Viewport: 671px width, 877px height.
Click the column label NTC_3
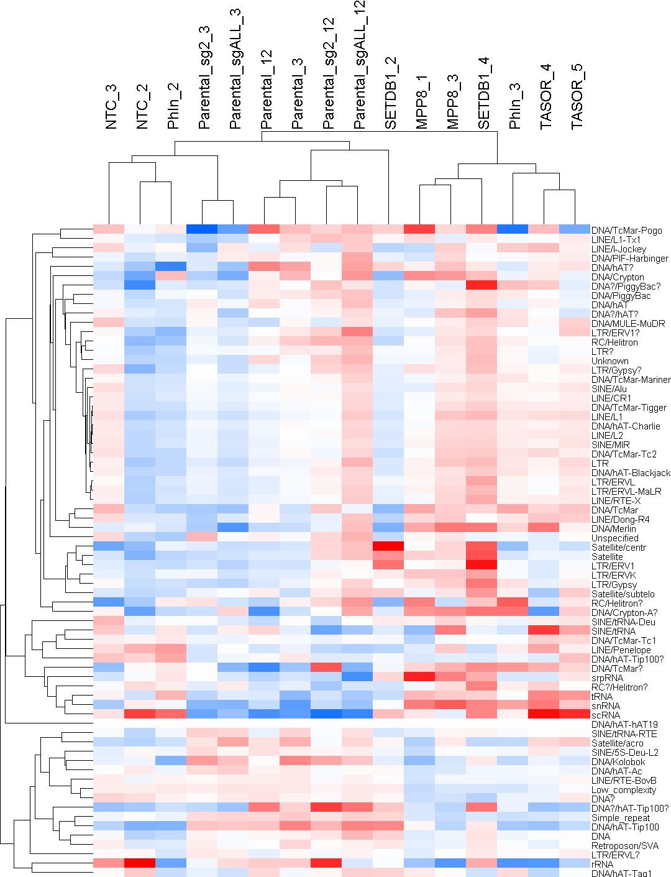tap(111, 107)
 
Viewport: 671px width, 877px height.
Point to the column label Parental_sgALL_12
tap(360, 65)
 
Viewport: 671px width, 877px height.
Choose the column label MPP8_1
tap(422, 102)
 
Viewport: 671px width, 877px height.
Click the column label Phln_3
tap(515, 106)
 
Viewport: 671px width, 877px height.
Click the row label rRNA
tap(603, 865)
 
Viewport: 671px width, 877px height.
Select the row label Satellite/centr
tap(619, 548)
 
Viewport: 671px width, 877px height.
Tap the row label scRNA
tap(606, 715)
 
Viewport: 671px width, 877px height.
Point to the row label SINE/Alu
tap(609, 389)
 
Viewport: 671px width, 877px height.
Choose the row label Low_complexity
tap(624, 790)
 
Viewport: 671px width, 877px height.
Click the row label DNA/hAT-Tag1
tap(622, 874)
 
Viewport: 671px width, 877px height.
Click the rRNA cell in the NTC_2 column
tap(140, 864)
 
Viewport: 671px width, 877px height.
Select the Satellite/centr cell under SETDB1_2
tap(388, 547)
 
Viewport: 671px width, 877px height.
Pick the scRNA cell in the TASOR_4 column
tap(544, 715)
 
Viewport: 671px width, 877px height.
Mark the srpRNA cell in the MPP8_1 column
tap(419, 677)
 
